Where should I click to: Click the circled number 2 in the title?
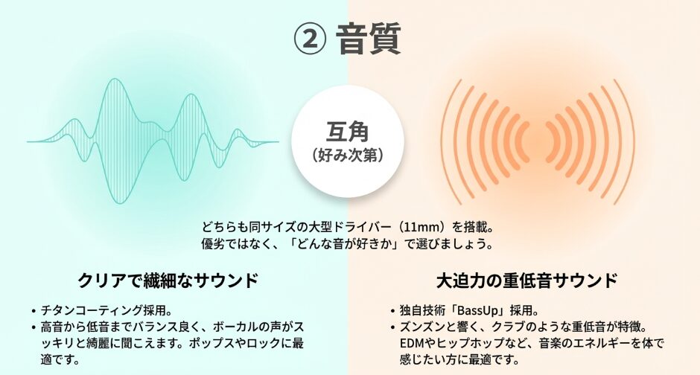(310, 39)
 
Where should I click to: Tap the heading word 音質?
(369, 39)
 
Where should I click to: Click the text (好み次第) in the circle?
(348, 156)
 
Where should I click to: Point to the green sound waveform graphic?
(153, 142)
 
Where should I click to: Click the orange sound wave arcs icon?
(537, 142)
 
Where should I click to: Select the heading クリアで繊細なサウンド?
(168, 281)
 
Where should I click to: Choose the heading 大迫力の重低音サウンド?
(526, 281)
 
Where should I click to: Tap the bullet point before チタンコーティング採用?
(34, 311)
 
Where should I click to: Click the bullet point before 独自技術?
(392, 311)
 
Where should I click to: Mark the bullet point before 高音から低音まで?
(34, 327)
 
